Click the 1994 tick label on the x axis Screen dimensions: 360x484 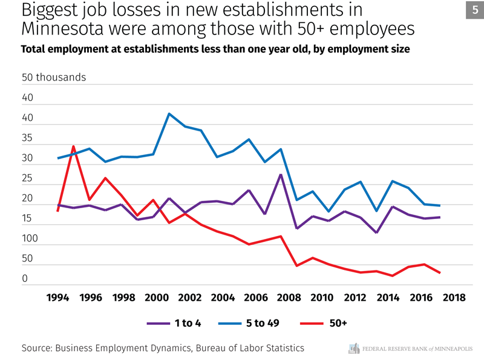pyautogui.click(x=57, y=298)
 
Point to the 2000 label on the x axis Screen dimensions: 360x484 pyautogui.click(x=157, y=298)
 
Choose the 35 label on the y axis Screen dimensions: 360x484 pyautogui.click(x=27, y=139)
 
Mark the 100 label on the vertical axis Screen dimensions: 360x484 pyautogui.click(x=30, y=239)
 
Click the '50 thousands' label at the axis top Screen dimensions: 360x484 pyautogui.click(x=54, y=77)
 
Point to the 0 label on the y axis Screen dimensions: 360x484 pyautogui.click(x=25, y=279)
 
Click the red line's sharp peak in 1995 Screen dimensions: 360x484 pyautogui.click(x=74, y=146)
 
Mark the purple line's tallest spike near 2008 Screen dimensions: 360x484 pyautogui.click(x=281, y=174)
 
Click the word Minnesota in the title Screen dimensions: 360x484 pyautogui.click(x=69, y=28)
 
